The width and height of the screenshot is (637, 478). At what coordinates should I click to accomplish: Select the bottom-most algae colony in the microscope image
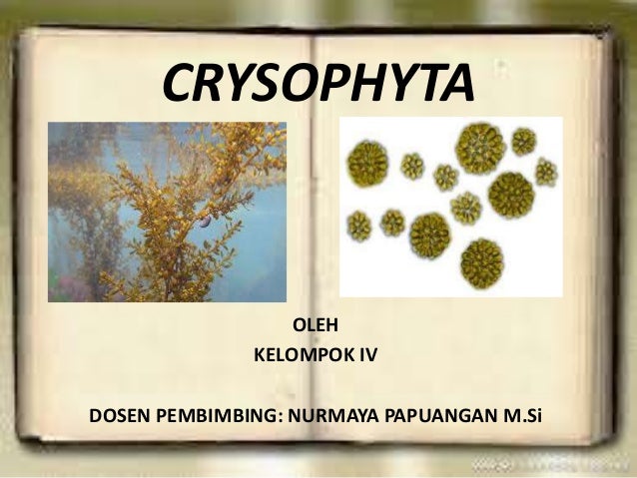click(x=481, y=262)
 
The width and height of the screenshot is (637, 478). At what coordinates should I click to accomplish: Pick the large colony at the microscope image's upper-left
click(x=367, y=162)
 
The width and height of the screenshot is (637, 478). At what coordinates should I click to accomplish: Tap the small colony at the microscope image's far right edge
click(x=546, y=172)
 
